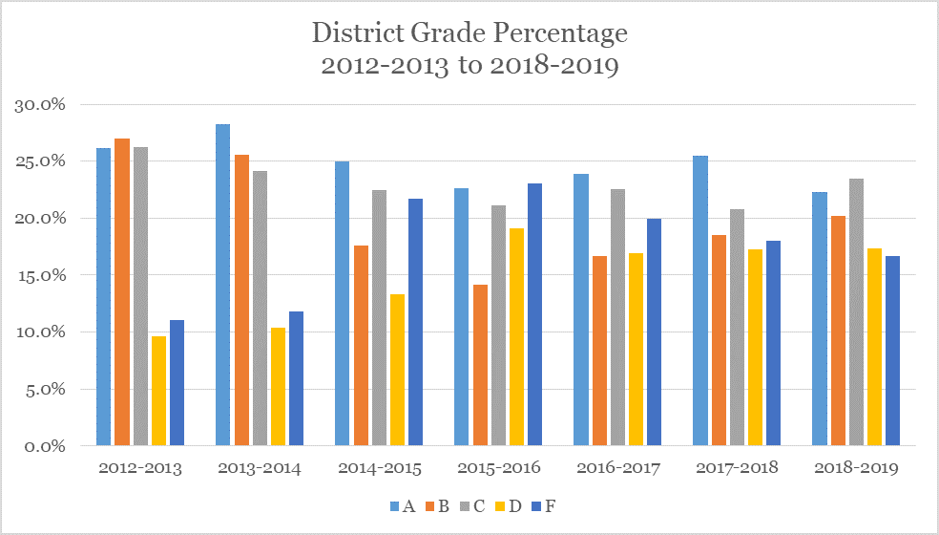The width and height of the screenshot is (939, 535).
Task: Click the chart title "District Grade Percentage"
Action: [x=469, y=33]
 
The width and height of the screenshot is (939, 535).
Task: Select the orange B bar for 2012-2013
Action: [x=122, y=291]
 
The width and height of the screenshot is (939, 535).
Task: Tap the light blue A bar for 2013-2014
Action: [x=222, y=285]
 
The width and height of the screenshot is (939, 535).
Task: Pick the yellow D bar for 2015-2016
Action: [x=516, y=336]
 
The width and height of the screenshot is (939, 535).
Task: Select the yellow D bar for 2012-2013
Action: [x=159, y=391]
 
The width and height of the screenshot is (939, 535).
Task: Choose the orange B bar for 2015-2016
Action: [x=479, y=365]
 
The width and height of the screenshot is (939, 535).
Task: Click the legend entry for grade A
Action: [x=401, y=506]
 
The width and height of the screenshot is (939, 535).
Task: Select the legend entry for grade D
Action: [x=509, y=506]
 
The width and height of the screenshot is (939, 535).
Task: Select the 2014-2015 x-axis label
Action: [x=378, y=468]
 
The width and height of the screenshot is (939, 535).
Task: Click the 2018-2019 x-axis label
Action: [x=856, y=468]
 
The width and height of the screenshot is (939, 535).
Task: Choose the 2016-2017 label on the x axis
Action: [x=616, y=468]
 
